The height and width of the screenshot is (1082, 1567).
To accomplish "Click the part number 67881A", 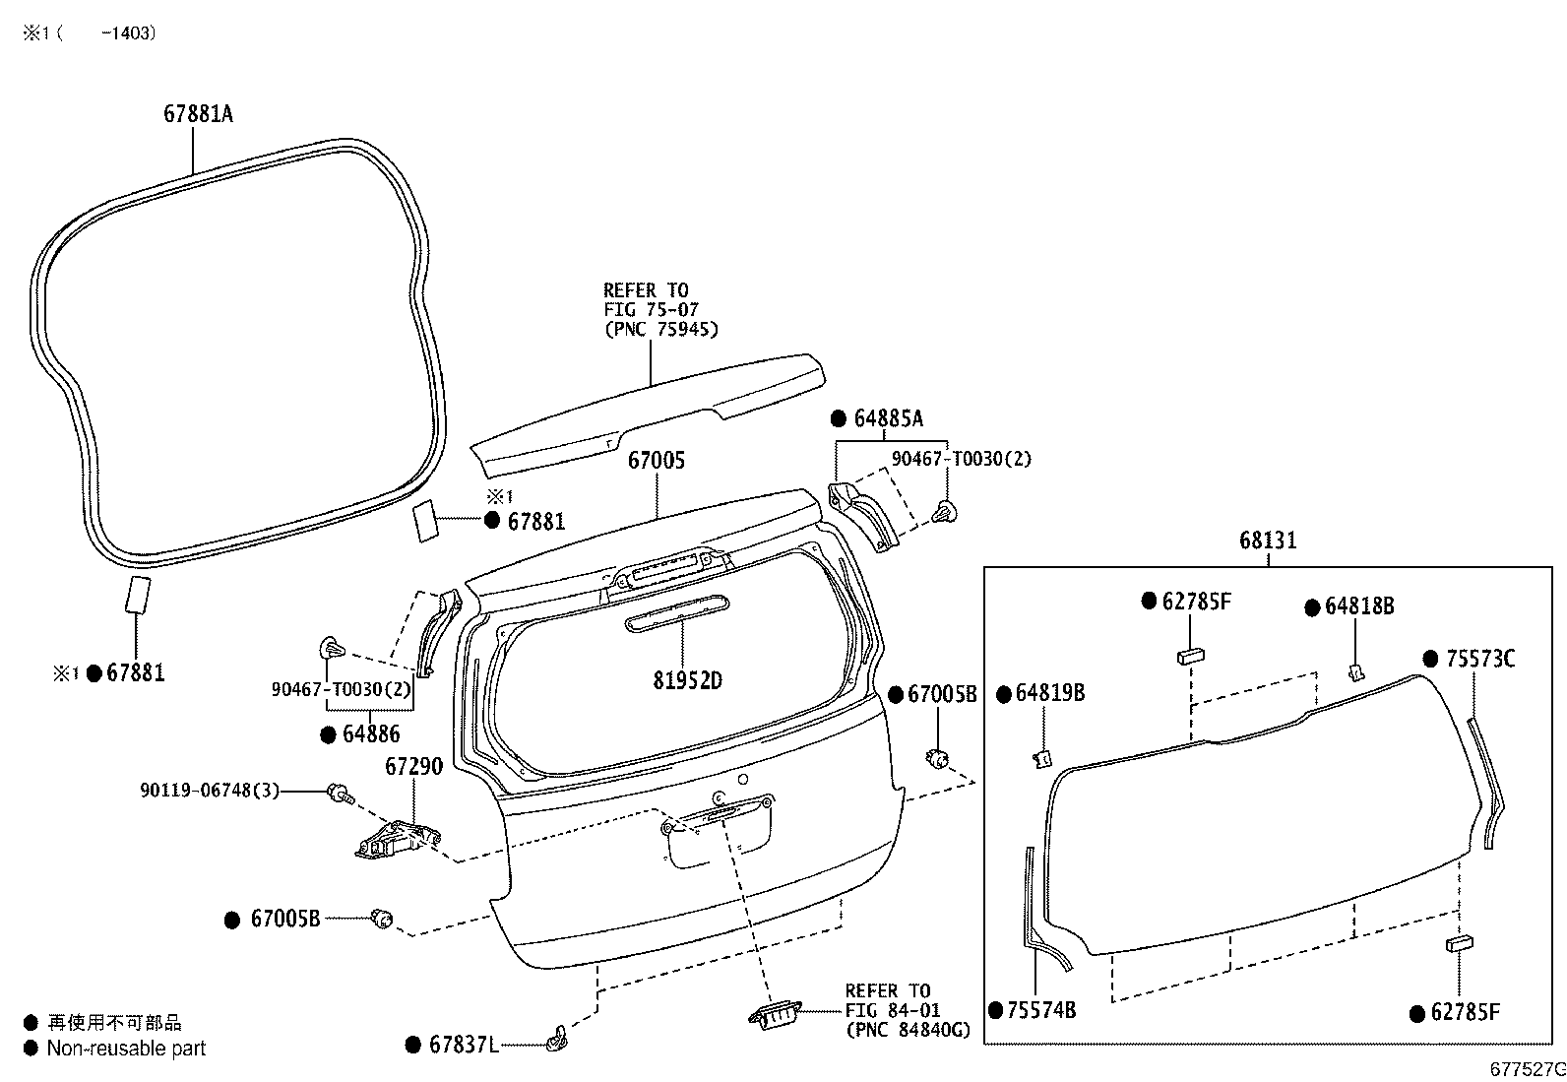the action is click(198, 114).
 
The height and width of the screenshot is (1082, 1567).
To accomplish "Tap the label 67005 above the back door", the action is click(657, 461).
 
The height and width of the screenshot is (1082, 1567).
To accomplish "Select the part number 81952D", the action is click(688, 680).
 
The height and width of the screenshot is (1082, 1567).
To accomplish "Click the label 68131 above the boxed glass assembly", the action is click(1269, 541).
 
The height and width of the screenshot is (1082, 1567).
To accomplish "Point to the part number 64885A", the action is click(889, 418).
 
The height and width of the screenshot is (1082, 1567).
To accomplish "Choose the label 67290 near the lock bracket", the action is click(414, 766).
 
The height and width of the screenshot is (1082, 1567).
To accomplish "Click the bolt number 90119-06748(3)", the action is click(210, 791).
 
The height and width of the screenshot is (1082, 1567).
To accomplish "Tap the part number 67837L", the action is click(464, 1045).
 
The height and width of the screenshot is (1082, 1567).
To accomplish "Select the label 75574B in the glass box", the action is click(1041, 1010).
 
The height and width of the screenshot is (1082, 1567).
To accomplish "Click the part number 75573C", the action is click(1481, 660).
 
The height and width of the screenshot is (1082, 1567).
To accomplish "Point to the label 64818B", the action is click(1359, 606).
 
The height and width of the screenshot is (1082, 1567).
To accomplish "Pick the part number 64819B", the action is click(1050, 693).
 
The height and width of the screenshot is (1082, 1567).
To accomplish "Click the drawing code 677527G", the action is click(1528, 1069).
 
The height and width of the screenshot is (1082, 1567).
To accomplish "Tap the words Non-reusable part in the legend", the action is click(126, 1049).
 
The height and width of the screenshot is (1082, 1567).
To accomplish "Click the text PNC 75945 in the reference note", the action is click(661, 330).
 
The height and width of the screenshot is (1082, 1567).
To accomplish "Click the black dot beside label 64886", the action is click(328, 734).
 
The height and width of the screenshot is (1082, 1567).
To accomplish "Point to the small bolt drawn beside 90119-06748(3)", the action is click(341, 794).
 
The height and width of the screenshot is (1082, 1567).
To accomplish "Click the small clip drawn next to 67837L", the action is click(557, 1038).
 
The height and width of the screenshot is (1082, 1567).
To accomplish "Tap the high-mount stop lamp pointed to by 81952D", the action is click(677, 613).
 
